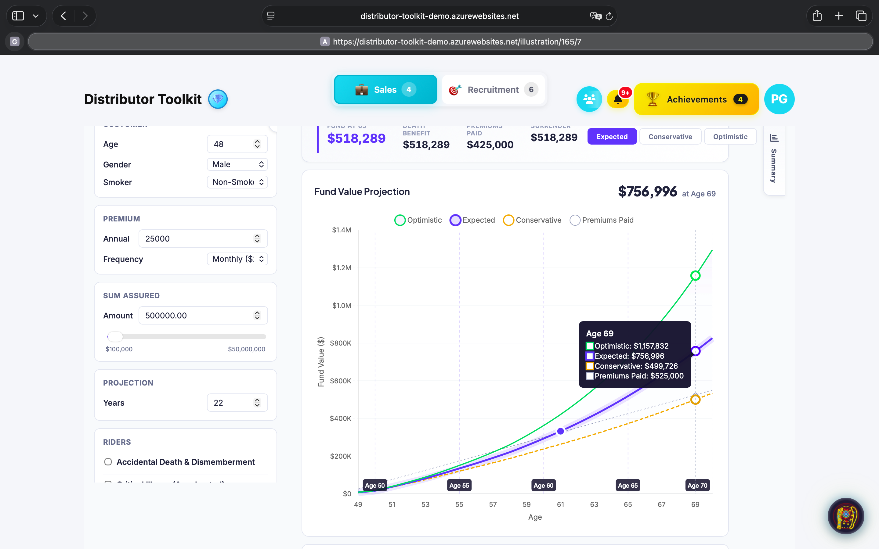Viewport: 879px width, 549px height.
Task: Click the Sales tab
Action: [385, 90]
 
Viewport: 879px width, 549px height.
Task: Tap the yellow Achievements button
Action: [696, 99]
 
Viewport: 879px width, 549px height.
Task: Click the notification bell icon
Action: [617, 99]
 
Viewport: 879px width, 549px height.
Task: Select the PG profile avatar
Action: [779, 99]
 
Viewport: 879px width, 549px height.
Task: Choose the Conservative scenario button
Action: [670, 137]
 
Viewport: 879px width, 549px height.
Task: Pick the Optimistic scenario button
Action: [730, 137]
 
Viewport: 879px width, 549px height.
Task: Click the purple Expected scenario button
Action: [612, 137]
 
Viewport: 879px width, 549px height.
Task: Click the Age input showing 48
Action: [233, 144]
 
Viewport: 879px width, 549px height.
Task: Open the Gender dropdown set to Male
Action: [237, 164]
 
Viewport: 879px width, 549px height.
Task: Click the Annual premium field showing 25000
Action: [198, 239]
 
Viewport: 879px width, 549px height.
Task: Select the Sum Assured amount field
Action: [198, 316]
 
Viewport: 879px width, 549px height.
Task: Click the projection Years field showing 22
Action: [233, 403]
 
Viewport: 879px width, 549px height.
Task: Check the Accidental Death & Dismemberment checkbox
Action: [108, 462]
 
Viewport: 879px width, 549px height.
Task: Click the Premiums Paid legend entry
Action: [602, 220]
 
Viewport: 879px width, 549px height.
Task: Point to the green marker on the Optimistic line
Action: [695, 276]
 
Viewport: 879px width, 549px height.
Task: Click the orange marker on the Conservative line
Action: [695, 400]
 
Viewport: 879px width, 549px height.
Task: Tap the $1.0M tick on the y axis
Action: [342, 305]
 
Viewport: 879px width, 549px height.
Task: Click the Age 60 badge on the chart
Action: [543, 486]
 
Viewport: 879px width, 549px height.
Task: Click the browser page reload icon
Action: [609, 16]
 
